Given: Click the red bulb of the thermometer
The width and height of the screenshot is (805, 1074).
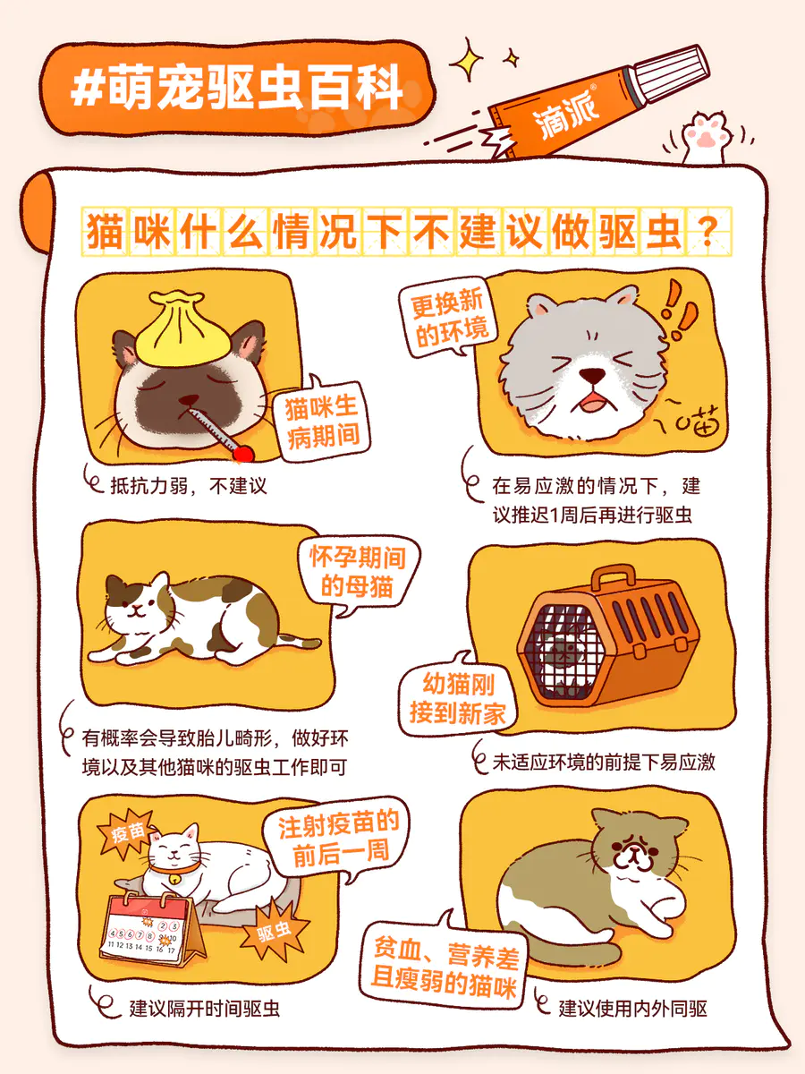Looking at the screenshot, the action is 243,454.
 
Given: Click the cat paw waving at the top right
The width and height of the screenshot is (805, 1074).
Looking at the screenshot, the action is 708,138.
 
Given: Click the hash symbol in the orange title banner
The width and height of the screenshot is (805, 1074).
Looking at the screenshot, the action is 87,88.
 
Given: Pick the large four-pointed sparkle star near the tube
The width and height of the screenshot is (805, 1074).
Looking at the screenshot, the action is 466,60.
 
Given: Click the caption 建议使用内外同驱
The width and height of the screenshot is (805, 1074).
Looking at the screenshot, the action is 633,1009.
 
